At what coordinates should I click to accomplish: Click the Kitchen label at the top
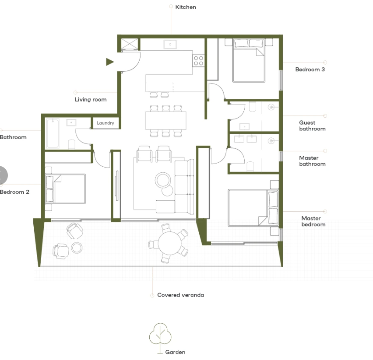point(186,7)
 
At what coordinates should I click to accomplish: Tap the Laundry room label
point(105,123)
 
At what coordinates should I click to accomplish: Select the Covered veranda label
point(180,295)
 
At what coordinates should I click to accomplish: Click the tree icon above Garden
point(161,335)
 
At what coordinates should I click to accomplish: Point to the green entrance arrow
point(110,62)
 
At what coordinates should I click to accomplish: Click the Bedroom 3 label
point(310,70)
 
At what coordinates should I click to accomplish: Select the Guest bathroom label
point(312,126)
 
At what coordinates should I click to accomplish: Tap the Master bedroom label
point(313,221)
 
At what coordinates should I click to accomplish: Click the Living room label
point(91,100)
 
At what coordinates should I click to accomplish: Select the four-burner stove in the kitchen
point(199,60)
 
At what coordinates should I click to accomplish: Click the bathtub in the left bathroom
point(53,133)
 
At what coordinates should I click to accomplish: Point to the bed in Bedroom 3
point(249,60)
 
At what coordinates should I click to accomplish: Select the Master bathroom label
point(312,161)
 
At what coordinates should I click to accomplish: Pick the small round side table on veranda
point(77,248)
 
